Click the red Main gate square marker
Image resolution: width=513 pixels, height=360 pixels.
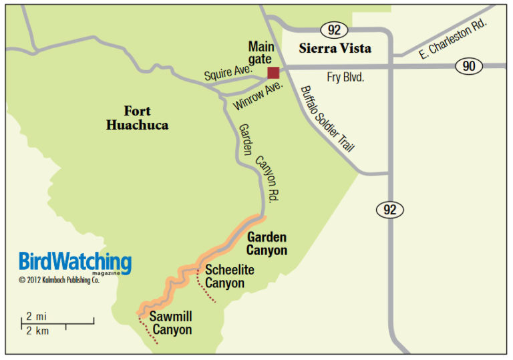[x=273, y=73]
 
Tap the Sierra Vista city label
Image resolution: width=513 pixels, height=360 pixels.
[x=335, y=49]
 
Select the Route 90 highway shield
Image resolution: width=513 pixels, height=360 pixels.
[x=468, y=66]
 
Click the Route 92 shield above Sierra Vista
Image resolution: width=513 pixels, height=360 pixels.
[x=333, y=29]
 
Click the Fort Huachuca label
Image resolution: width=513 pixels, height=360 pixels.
[x=137, y=118]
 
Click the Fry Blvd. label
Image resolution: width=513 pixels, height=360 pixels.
[x=346, y=77]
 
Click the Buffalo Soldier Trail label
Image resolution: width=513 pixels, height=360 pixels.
[x=327, y=119]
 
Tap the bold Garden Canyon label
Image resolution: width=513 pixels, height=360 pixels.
[x=267, y=244]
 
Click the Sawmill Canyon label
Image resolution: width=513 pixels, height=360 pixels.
[x=170, y=323]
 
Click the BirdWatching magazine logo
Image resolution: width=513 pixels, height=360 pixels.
[x=75, y=261]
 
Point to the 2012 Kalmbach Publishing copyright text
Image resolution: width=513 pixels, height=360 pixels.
[x=59, y=280]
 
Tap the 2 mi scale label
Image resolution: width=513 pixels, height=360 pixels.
[x=36, y=315]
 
